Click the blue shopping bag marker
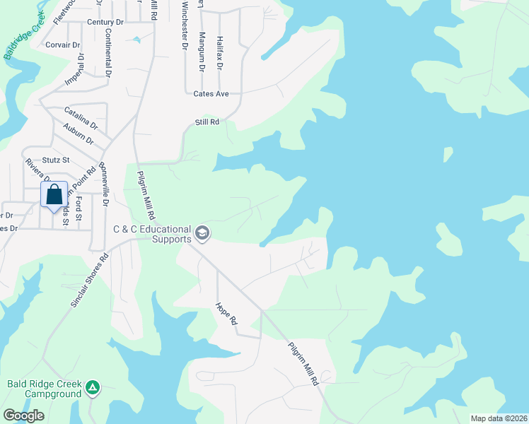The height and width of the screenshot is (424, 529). pyautogui.click(x=54, y=194)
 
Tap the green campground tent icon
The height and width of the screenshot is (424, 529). pyautogui.click(x=93, y=387)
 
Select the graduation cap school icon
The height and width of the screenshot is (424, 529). pyautogui.click(x=202, y=233)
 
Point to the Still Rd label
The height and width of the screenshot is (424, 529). pyautogui.click(x=207, y=122)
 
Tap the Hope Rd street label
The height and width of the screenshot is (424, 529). pyautogui.click(x=226, y=314)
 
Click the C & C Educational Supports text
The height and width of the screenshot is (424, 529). pyautogui.click(x=153, y=234)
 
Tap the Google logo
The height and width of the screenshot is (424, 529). pyautogui.click(x=23, y=416)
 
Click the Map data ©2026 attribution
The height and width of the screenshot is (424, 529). pyautogui.click(x=498, y=418)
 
